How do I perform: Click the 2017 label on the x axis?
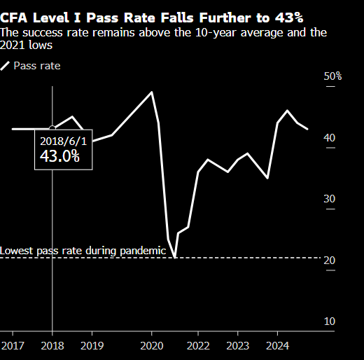click(x=12, y=345)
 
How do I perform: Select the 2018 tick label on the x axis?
click(x=52, y=345)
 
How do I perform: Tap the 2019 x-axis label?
click(x=92, y=345)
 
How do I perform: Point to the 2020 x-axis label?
click(x=152, y=345)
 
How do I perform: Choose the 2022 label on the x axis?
click(x=198, y=345)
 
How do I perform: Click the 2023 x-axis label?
click(x=237, y=345)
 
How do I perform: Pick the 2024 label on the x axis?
click(x=277, y=345)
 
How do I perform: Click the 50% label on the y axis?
click(x=332, y=76)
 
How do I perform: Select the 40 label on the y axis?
click(x=328, y=137)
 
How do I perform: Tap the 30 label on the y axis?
click(x=328, y=199)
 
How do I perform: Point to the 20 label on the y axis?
click(x=328, y=261)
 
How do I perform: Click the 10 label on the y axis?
click(x=328, y=321)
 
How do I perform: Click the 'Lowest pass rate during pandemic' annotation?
click(x=83, y=251)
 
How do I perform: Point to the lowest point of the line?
click(x=174, y=257)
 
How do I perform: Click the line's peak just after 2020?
click(x=152, y=92)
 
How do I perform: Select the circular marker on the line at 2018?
click(x=52, y=129)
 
